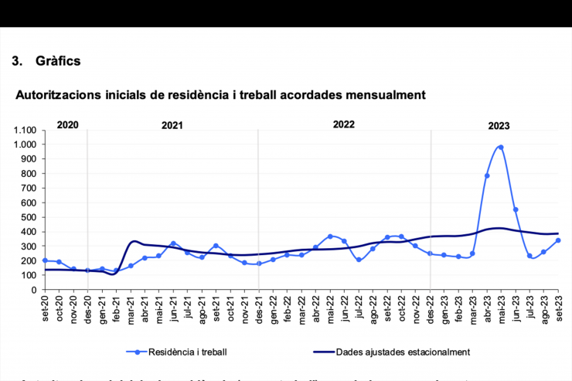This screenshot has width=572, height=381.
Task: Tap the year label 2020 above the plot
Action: (x=68, y=124)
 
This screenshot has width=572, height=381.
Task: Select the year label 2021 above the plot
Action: (x=172, y=124)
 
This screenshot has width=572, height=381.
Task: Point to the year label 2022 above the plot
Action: (x=344, y=124)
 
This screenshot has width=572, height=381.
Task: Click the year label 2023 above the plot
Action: (x=499, y=124)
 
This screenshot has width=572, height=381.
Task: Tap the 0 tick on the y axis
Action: (x=35, y=290)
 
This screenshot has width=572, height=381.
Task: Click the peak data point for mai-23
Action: (x=501, y=147)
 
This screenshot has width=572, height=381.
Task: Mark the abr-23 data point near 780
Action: (x=487, y=176)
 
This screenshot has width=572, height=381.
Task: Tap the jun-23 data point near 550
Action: (x=516, y=209)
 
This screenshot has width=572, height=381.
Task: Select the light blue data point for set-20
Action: (x=45, y=260)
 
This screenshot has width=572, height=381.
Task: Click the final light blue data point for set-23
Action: (x=558, y=240)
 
